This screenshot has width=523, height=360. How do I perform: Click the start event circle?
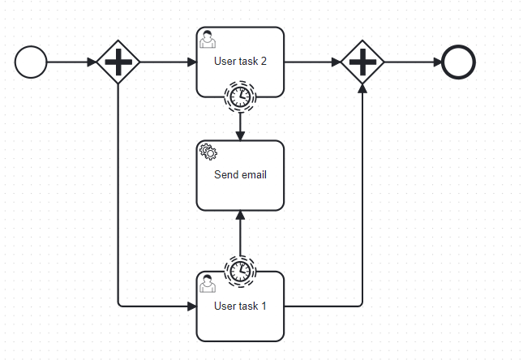(31, 62)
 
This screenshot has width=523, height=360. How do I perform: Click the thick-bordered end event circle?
(458, 62)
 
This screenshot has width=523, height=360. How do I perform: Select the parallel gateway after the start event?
(118, 62)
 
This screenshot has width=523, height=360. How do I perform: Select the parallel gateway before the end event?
(362, 62)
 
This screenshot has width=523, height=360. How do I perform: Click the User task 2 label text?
(240, 61)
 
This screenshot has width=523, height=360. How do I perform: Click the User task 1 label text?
(240, 306)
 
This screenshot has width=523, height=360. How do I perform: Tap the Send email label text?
(240, 174)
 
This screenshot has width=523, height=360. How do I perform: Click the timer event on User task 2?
(240, 96)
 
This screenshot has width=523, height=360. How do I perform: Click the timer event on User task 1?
(240, 271)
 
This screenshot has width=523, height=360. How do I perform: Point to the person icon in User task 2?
(208, 37)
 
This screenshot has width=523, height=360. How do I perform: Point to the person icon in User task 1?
(208, 282)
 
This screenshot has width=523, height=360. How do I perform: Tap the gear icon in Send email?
(208, 150)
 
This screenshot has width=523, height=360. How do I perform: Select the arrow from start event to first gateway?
(71, 62)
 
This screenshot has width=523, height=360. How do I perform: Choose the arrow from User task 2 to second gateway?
(312, 62)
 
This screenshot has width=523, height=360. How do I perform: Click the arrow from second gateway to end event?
(413, 62)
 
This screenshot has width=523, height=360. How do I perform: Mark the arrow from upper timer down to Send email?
(240, 126)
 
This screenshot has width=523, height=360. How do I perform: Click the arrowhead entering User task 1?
(191, 306)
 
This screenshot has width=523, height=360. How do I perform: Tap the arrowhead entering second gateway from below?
(362, 88)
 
